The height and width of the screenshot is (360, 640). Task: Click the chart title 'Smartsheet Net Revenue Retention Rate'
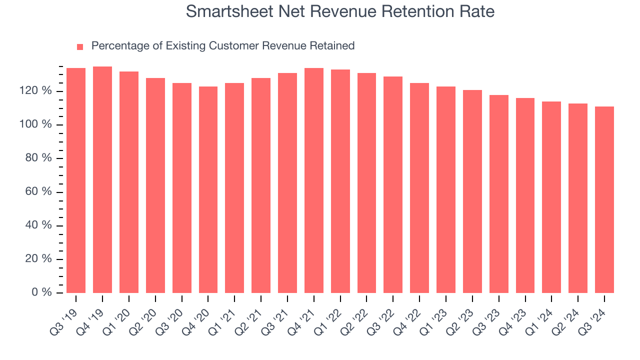pyautogui.click(x=340, y=11)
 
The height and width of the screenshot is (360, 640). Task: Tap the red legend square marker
pyautogui.click(x=80, y=46)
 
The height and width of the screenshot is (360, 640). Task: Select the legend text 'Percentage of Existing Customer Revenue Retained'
pyautogui.click(x=223, y=46)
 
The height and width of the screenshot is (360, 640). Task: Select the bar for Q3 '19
pyautogui.click(x=76, y=180)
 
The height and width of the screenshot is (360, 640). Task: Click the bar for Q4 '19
pyautogui.click(x=102, y=180)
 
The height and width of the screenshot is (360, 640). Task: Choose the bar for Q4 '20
pyautogui.click(x=208, y=190)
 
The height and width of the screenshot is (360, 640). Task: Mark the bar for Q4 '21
pyautogui.click(x=314, y=180)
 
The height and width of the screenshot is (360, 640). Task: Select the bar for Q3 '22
pyautogui.click(x=393, y=185)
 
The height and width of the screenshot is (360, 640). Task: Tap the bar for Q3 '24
pyautogui.click(x=604, y=200)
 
